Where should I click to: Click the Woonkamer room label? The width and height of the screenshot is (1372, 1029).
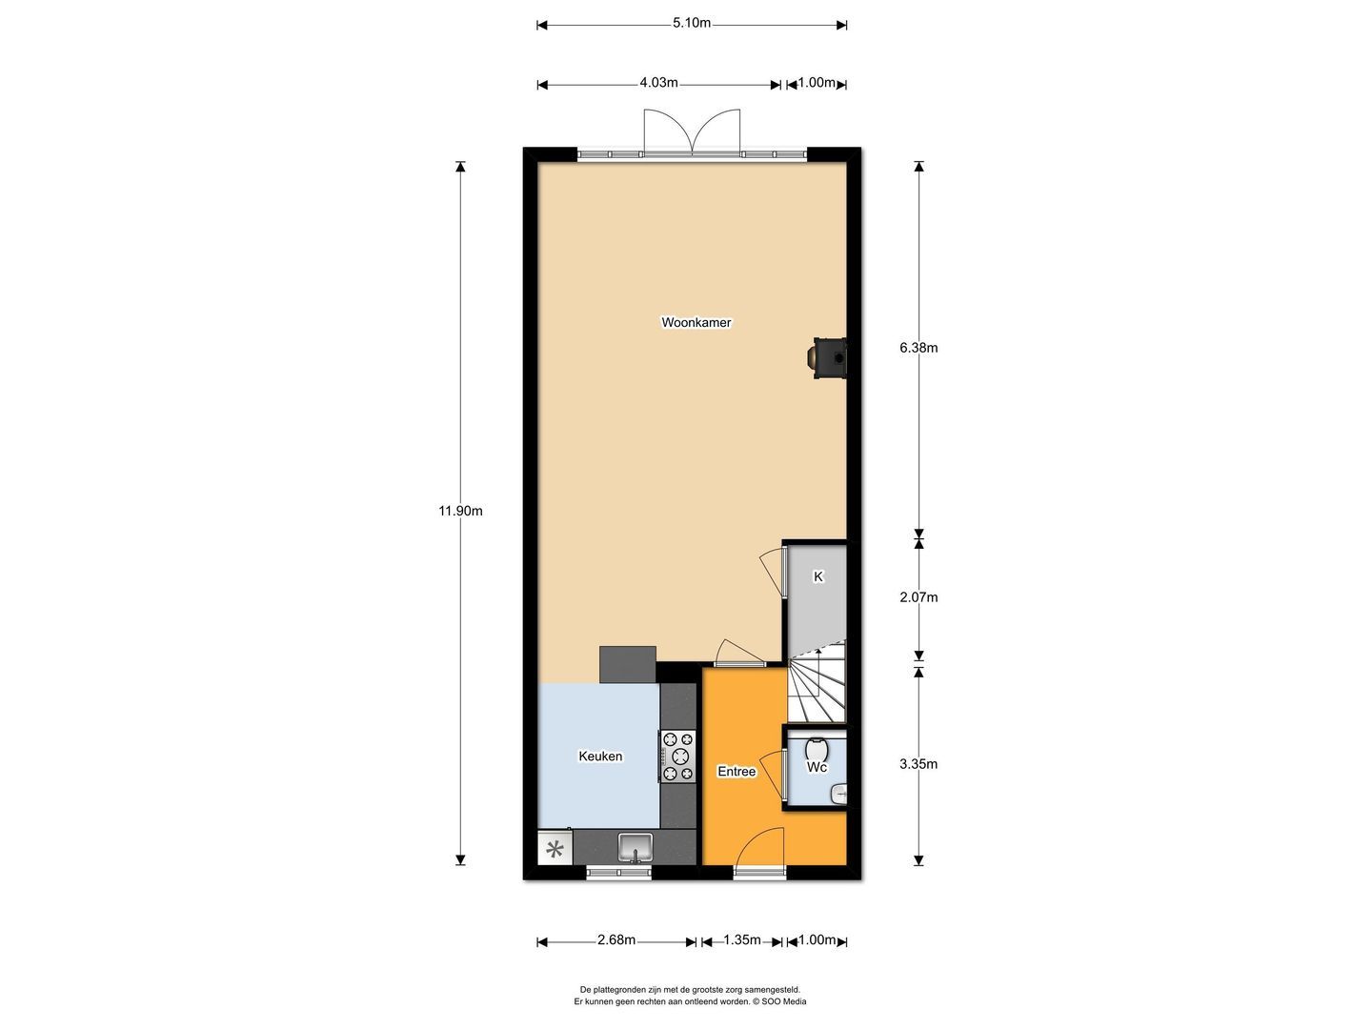click(696, 323)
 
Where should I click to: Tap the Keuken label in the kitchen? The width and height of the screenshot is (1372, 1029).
click(600, 757)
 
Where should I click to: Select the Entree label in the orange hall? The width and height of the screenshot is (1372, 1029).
click(736, 772)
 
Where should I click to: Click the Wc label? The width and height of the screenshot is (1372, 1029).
click(817, 767)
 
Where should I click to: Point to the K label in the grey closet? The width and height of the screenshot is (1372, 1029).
click(817, 576)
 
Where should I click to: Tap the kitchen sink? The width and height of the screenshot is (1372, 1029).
click(635, 846)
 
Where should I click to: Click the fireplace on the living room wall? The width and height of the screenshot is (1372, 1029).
click(827, 357)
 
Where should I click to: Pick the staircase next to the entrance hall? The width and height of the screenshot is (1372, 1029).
click(817, 684)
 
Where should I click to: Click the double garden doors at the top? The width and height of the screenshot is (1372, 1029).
click(693, 131)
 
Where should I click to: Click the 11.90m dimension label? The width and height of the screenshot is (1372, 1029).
click(460, 511)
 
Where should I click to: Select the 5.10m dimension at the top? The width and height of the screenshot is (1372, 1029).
click(692, 24)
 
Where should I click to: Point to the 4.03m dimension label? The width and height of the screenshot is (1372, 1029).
click(658, 83)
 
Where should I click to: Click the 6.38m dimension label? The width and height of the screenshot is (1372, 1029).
click(918, 348)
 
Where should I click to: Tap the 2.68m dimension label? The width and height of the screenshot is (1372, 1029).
click(616, 940)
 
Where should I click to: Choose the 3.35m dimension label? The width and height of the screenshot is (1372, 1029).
click(918, 764)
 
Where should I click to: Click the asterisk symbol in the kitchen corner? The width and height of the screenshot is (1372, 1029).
click(554, 848)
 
